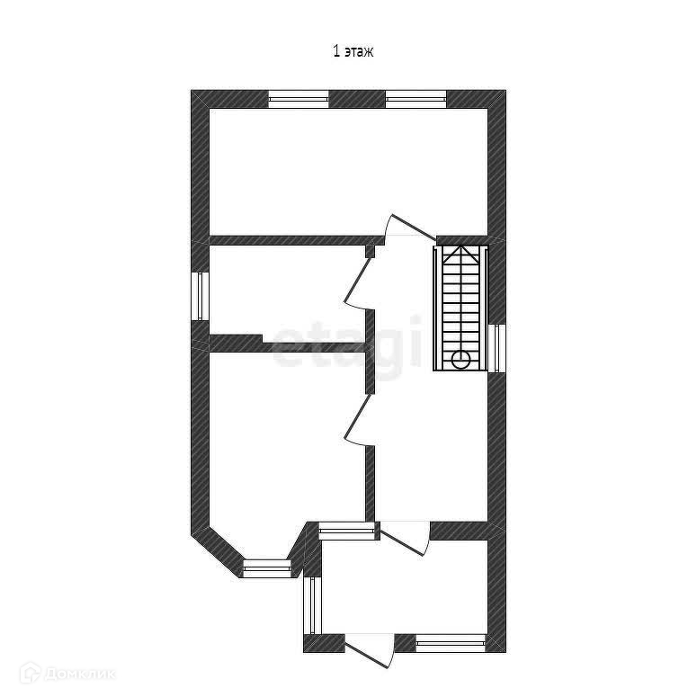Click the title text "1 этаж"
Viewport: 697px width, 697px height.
353,52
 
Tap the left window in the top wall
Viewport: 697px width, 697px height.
299,99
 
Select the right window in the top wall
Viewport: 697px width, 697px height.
416,99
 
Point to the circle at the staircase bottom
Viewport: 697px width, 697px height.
460,361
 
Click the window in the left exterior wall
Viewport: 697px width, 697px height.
200,295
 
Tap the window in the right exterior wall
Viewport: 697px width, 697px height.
497,346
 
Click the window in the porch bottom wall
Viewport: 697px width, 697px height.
450,642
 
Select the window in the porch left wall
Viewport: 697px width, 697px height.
311,604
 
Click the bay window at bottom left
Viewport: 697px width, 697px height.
267,567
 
